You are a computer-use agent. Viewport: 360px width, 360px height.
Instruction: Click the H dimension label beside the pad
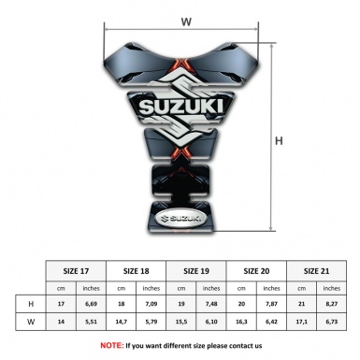point(279,141)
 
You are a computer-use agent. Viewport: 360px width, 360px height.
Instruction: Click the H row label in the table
point(31,304)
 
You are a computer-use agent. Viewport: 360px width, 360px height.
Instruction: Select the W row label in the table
point(31,322)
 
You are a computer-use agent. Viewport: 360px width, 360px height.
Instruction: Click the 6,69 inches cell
point(91,304)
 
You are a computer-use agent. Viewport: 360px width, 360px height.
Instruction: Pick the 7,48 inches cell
point(212,304)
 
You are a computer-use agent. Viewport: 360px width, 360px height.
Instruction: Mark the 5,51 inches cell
point(91,322)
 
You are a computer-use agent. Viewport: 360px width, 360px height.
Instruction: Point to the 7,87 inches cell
point(273,304)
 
